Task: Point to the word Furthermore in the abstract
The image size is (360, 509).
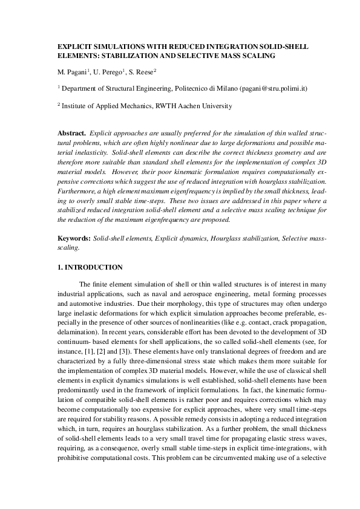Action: pyautogui.click(x=76, y=192)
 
